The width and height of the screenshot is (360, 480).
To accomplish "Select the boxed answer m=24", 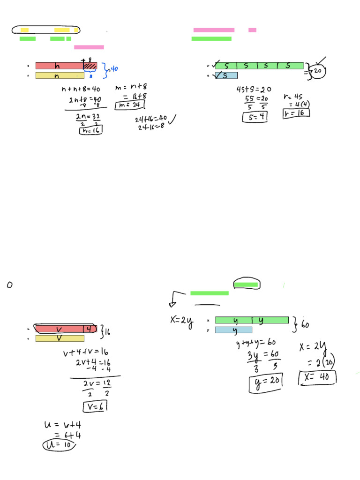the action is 128,104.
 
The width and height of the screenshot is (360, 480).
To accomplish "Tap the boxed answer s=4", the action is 255,117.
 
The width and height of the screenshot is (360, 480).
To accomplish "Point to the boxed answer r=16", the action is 296,113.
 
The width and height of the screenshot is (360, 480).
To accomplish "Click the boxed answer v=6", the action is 95,406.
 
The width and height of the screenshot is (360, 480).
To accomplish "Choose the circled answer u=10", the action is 59,445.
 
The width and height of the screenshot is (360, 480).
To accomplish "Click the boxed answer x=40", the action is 317,377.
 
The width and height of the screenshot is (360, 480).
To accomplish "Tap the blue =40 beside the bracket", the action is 112,69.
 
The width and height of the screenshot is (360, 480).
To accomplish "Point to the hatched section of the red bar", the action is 90,66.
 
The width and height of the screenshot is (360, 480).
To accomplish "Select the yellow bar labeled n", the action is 60,75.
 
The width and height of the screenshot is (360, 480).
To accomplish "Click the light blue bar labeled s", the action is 226,75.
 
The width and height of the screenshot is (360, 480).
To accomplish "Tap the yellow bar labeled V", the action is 60,338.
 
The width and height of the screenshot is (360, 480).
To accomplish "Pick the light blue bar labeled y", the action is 233,330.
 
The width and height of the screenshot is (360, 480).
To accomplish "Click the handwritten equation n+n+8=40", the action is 81,89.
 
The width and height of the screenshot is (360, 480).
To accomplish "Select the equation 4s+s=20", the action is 254,90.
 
